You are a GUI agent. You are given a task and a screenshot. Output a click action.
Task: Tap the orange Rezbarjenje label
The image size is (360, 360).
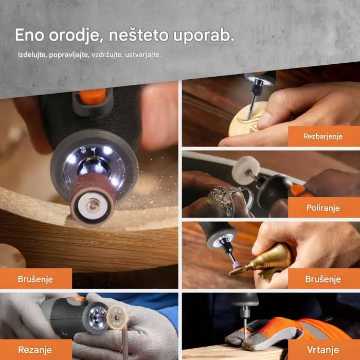click(x=323, y=136)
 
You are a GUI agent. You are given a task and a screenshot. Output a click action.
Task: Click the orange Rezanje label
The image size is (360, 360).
click(x=35, y=350)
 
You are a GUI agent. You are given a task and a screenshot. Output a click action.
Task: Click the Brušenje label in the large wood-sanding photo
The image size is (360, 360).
click(x=35, y=279)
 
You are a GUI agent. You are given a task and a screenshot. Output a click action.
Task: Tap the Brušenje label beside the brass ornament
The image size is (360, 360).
click(x=323, y=279)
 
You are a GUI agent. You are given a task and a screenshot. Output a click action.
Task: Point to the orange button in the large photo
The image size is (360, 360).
click(x=93, y=96)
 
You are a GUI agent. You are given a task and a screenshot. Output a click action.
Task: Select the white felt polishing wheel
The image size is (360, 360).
click(x=246, y=170)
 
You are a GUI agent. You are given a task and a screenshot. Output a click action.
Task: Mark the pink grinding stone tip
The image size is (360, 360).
click(x=238, y=265)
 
